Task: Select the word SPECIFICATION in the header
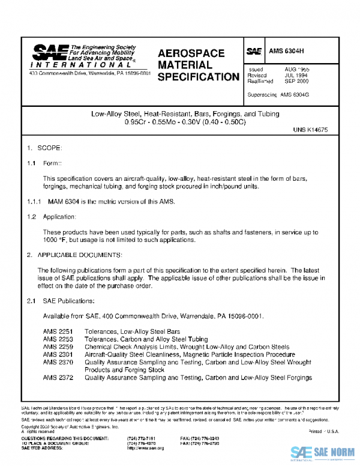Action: pos(198,77)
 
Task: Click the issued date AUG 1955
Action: pos(296,70)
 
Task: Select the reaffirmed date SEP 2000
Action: pos(296,81)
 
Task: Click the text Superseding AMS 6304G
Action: pos(277,95)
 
